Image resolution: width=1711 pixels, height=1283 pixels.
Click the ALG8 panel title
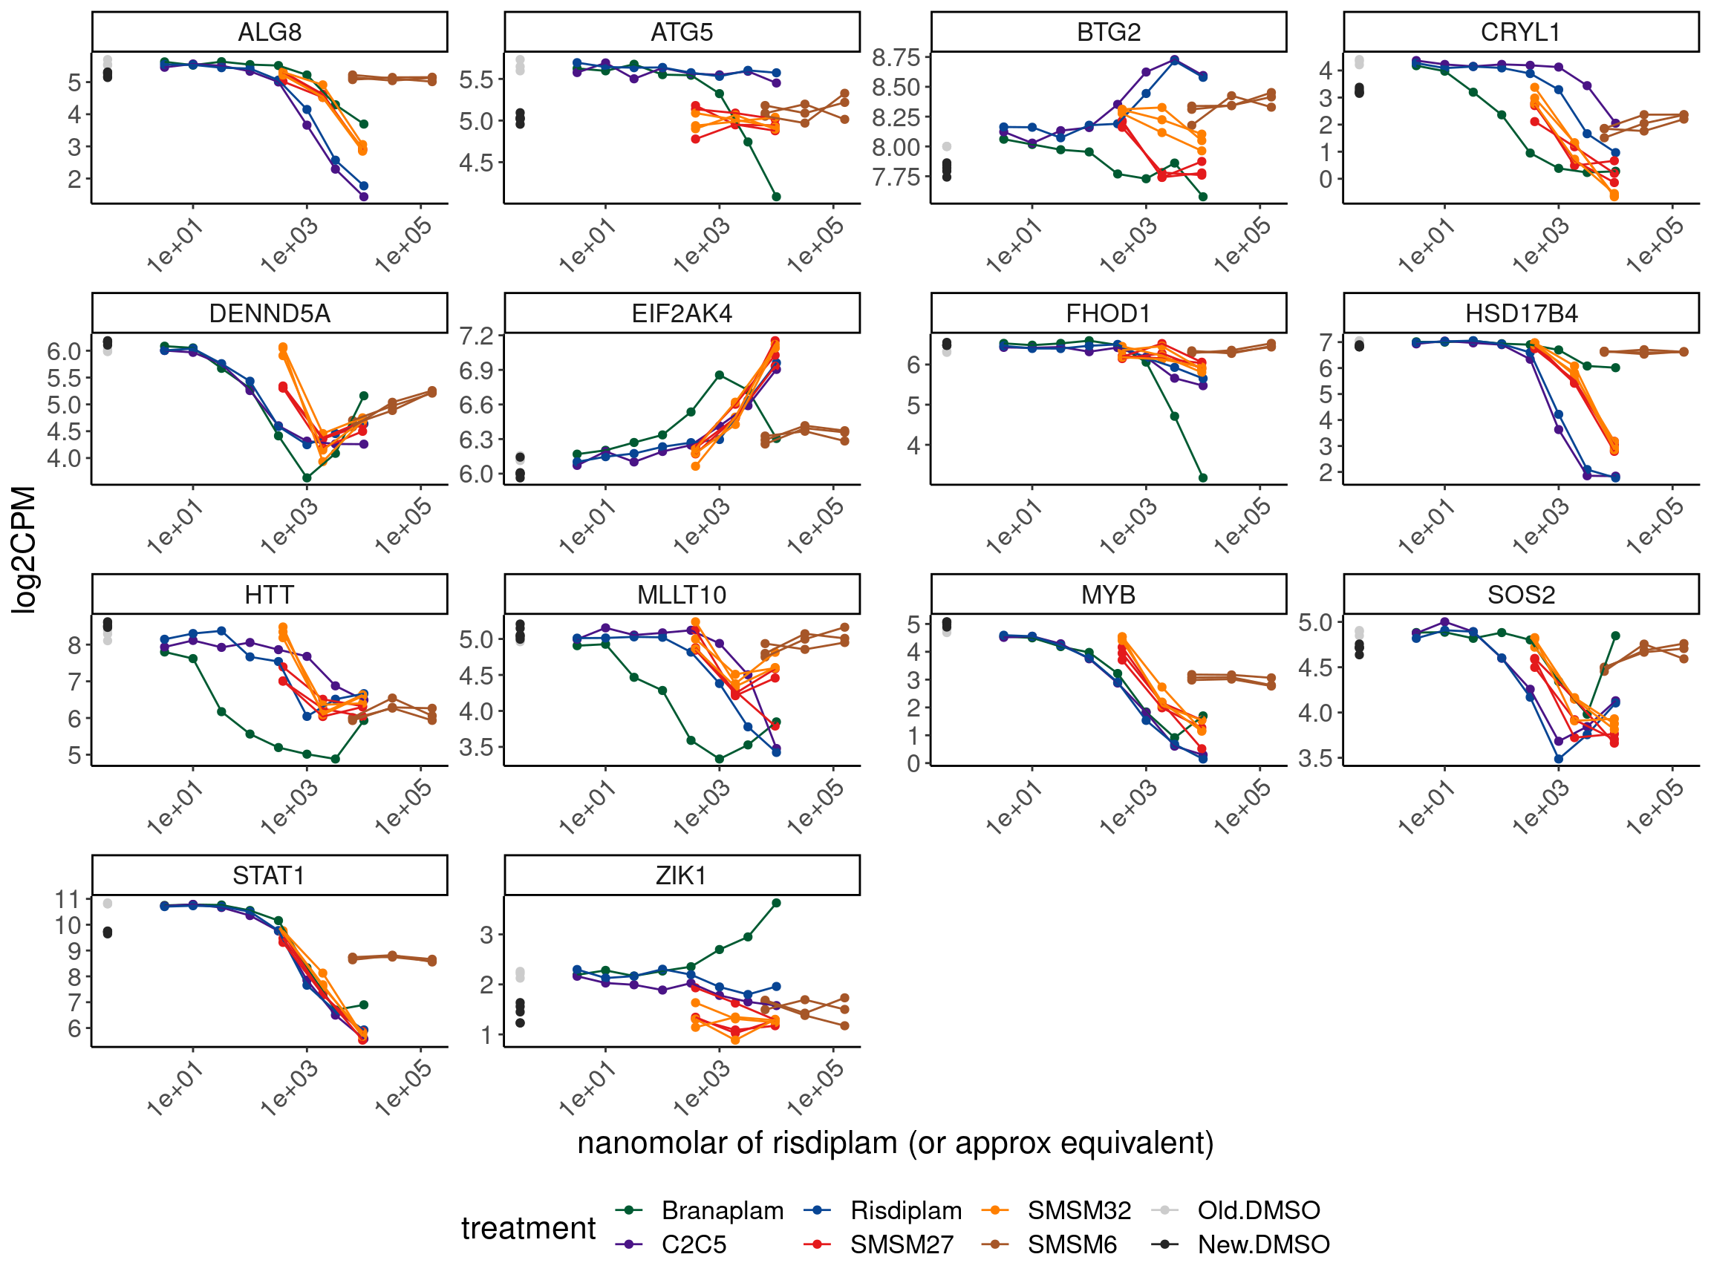tap(269, 33)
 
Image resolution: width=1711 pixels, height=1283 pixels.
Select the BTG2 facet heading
tap(1108, 33)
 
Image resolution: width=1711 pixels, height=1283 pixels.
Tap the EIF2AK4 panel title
tap(682, 314)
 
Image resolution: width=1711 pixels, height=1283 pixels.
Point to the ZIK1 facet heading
tap(682, 875)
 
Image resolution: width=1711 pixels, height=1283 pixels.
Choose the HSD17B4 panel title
tap(1521, 314)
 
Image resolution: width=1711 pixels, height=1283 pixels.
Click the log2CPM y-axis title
tap(24, 550)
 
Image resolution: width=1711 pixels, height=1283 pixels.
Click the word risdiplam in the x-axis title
tap(822, 1143)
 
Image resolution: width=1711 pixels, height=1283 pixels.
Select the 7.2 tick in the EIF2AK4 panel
tap(477, 336)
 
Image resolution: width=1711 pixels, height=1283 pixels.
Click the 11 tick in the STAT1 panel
tap(68, 899)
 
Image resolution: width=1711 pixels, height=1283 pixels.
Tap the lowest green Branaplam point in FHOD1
tap(1203, 478)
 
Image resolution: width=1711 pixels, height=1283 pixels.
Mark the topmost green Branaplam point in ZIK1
tap(777, 903)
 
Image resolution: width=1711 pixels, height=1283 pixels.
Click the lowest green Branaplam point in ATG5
tap(777, 197)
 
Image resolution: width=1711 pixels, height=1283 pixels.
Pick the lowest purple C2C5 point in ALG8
tap(364, 197)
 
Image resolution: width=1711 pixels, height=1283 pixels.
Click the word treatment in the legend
tap(528, 1228)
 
